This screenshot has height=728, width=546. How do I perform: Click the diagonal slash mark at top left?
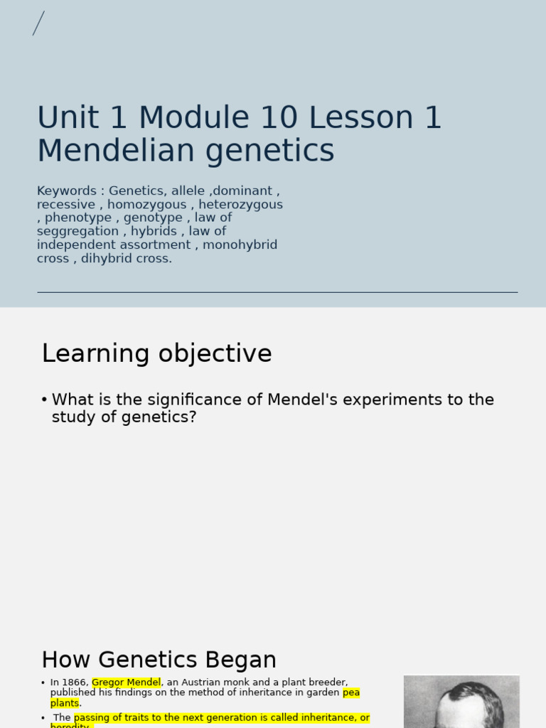(x=38, y=23)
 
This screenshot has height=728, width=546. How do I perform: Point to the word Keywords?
(x=67, y=191)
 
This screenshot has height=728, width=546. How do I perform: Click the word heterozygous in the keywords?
(x=240, y=205)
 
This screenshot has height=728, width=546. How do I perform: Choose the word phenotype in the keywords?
(x=78, y=218)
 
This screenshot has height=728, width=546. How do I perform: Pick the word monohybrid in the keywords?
(x=240, y=245)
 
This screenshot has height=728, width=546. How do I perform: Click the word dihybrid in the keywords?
(x=106, y=259)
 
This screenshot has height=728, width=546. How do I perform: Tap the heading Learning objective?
(x=156, y=353)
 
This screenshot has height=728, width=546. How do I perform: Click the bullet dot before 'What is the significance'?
(x=44, y=400)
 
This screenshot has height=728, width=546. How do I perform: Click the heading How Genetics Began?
(x=159, y=660)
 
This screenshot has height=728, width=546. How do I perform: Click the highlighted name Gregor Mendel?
(x=126, y=682)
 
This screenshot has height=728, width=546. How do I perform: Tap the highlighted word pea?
(x=351, y=692)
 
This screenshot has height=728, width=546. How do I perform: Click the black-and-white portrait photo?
(x=461, y=701)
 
